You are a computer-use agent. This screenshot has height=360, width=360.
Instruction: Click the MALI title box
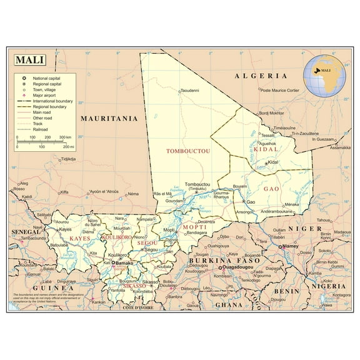[29, 61]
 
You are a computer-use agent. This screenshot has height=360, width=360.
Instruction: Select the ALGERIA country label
[261, 76]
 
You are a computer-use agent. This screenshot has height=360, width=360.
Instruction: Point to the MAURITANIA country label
[108, 117]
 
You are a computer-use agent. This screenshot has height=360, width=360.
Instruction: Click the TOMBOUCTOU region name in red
[187, 151]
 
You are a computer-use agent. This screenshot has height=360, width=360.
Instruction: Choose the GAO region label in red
[271, 188]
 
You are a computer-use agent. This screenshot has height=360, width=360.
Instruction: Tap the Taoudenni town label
[189, 91]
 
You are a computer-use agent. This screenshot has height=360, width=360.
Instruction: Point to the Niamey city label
[291, 246]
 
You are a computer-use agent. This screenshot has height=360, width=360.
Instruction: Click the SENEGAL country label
[26, 231]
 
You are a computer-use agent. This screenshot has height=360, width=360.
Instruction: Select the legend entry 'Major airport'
[47, 95]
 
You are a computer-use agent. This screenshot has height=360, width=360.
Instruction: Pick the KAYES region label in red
[79, 239]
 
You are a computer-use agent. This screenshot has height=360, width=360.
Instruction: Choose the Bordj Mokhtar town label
[272, 113]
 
